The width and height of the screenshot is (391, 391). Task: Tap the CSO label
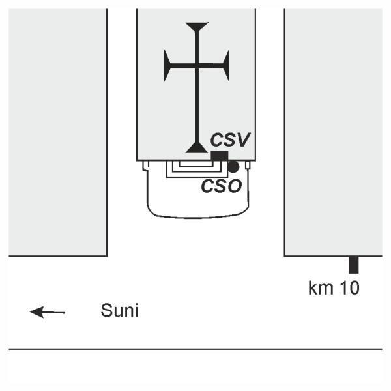coord(221,185)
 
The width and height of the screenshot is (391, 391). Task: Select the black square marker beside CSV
coord(219,156)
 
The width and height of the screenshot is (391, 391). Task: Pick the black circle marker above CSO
coord(233,167)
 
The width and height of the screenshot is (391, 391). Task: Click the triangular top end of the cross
coord(196,26)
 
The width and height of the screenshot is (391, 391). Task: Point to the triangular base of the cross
coord(196,147)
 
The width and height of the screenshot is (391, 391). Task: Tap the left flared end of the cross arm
coord(168,66)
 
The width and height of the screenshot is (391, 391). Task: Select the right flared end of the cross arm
coord(225,66)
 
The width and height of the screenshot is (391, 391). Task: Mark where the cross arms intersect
coord(196,66)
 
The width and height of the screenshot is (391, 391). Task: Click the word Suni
coord(119,310)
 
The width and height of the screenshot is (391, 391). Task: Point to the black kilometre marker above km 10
coord(354,265)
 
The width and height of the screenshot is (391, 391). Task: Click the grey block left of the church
coord(57,130)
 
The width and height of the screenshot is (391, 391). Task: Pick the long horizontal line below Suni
coord(195,350)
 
